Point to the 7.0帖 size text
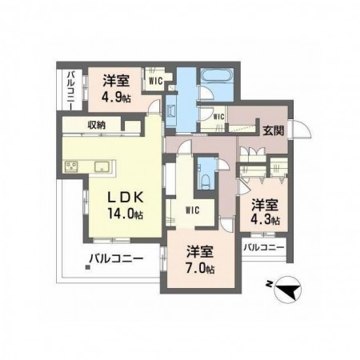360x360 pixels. click(x=196, y=270)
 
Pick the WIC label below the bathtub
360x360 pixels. click(x=216, y=118)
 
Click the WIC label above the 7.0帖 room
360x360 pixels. click(x=192, y=210)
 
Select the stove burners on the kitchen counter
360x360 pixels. click(x=70, y=167)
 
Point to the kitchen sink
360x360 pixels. click(x=102, y=166)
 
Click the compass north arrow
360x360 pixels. click(x=288, y=290)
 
